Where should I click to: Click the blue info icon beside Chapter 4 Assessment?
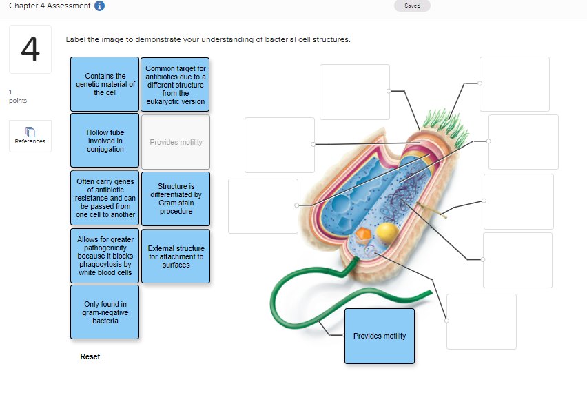(x=99, y=6)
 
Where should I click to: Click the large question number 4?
(x=30, y=49)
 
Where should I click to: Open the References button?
(x=30, y=136)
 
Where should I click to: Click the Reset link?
(x=90, y=356)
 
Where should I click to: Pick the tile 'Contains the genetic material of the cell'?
(x=105, y=84)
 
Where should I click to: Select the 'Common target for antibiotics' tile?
(x=175, y=85)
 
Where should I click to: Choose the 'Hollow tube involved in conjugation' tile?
(x=105, y=141)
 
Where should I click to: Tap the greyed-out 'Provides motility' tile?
(x=175, y=142)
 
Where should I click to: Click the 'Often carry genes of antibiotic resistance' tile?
(x=105, y=197)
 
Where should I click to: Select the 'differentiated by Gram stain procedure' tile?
(x=175, y=199)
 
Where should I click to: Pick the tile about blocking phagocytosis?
(x=105, y=256)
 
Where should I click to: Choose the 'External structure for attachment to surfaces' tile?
(x=175, y=256)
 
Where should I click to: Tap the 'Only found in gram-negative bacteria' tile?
(x=105, y=312)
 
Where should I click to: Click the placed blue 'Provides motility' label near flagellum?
(x=379, y=336)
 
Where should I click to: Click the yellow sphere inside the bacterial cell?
(x=387, y=232)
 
